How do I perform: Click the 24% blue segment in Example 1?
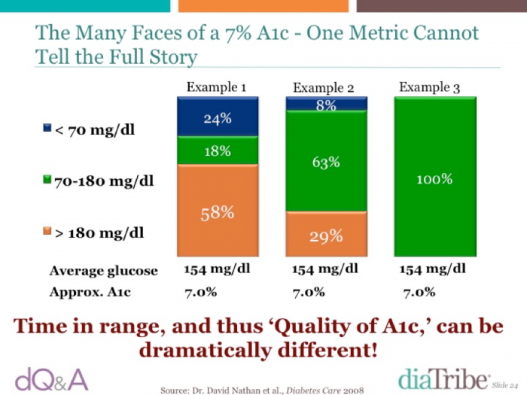coord(218,116)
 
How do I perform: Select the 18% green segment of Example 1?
coord(218,150)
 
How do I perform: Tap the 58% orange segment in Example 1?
coord(218,210)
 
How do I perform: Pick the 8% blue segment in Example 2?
coord(326,104)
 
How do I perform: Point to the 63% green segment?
coord(326,161)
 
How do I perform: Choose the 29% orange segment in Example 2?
coord(326,234)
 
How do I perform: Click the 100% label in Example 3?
coord(434,179)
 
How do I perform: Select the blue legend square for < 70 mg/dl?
coord(47,128)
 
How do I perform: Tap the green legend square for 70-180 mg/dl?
coord(47,179)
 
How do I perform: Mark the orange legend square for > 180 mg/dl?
coord(47,231)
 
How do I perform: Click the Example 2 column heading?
coord(323,88)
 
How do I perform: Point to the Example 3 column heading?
coord(430,87)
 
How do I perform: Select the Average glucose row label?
coord(104,271)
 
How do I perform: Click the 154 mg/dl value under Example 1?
coord(217,269)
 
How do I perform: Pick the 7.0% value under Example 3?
coord(419,292)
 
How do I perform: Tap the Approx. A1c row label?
coord(90,292)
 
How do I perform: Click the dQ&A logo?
coord(52,379)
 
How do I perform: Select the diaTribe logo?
coord(443,378)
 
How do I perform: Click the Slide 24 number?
coord(505,385)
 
